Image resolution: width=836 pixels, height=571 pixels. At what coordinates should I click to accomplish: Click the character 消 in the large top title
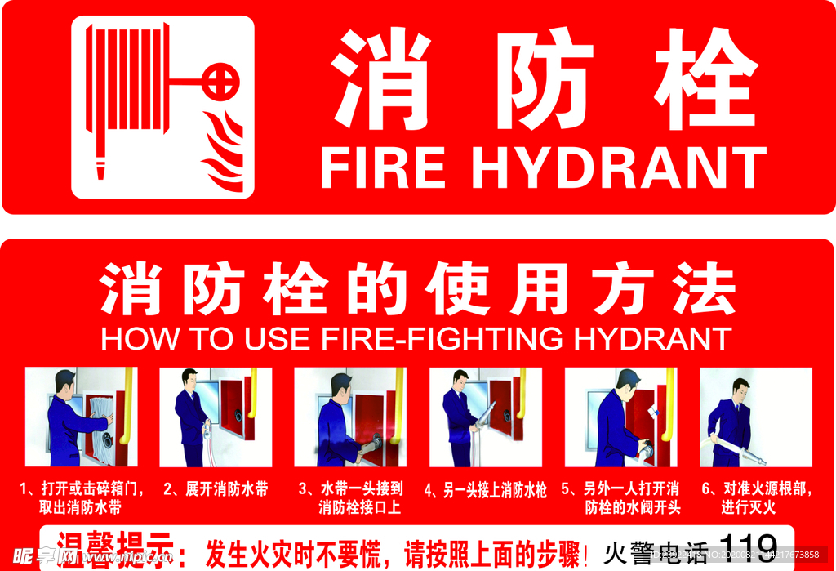[380, 79]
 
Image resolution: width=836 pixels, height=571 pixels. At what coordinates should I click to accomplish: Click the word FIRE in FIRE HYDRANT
[383, 167]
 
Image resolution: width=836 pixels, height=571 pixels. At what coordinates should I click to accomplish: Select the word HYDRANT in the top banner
[619, 167]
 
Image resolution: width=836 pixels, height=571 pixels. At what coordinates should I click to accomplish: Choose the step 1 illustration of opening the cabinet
[81, 417]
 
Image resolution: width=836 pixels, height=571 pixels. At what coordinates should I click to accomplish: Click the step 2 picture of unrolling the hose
[215, 417]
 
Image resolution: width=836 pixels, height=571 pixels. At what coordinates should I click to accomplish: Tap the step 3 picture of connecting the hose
[350, 417]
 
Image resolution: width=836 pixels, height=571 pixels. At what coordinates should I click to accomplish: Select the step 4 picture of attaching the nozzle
[485, 417]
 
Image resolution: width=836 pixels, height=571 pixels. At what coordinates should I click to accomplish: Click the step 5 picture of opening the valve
[620, 417]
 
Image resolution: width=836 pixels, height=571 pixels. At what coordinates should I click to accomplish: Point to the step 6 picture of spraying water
[755, 417]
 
